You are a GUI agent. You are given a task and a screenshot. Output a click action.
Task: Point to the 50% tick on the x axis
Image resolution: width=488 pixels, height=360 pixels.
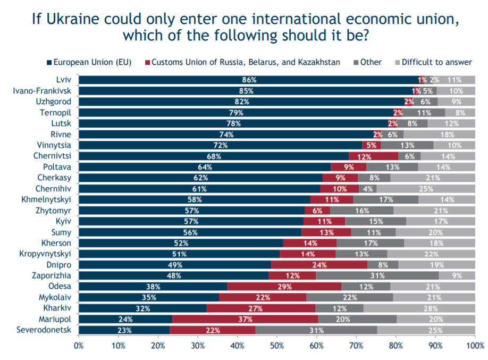point(277,346)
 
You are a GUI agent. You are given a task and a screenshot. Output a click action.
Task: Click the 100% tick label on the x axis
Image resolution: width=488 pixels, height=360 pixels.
point(475,346)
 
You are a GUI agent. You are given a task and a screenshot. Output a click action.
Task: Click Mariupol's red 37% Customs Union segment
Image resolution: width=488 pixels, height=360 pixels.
point(245,319)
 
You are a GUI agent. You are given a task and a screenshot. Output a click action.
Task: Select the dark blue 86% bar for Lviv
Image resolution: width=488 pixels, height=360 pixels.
point(249,80)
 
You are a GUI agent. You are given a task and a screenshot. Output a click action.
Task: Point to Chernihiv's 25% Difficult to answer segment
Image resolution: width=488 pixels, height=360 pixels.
point(425,189)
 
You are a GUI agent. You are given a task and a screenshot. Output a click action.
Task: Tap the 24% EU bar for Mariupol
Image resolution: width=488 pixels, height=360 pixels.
point(125,319)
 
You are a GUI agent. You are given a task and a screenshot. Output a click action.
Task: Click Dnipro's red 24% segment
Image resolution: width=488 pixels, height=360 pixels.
point(319,264)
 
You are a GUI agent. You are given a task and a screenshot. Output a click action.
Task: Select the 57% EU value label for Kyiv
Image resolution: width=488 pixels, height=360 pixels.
point(190,221)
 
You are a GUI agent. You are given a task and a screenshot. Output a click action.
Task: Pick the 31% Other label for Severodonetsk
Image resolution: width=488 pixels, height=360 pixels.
point(316,330)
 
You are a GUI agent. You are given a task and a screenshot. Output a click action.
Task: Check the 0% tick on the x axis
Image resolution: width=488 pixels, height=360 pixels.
point(79,346)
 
